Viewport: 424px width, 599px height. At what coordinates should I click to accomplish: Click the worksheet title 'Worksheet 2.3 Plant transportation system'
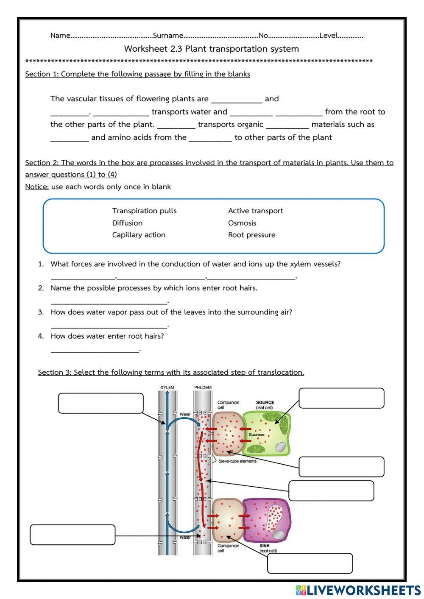pos(211,49)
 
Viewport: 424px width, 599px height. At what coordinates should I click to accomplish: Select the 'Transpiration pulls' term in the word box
pos(144,211)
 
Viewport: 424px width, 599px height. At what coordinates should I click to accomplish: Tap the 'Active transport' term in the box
pos(255,211)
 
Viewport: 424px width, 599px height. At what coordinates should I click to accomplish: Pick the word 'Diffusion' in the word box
pos(127,223)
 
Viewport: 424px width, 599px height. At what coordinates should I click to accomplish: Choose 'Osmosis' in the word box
pos(242,223)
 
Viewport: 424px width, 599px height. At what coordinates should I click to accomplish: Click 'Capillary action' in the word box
pos(139,235)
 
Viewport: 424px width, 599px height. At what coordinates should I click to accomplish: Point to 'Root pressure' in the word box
pos(251,235)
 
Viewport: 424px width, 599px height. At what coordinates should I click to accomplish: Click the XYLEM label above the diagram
pos(167,387)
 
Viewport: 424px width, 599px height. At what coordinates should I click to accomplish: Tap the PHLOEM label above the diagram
pos(203,387)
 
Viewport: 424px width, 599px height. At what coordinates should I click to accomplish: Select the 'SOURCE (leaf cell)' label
pos(265,405)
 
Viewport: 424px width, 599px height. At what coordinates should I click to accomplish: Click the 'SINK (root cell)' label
pos(268,548)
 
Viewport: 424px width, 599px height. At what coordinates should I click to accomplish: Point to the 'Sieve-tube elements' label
pos(237,461)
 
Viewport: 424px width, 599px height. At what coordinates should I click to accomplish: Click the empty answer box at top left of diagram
pos(100,403)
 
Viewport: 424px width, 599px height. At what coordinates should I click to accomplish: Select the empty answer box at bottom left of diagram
pos(73,535)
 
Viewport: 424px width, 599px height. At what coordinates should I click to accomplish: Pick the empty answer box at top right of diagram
pos(341,398)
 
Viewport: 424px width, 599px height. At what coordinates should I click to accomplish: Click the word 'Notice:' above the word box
pos(37,187)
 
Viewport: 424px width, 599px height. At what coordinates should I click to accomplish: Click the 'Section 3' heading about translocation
pos(171,372)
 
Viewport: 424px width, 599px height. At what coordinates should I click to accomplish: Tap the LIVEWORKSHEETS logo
pos(358,590)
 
